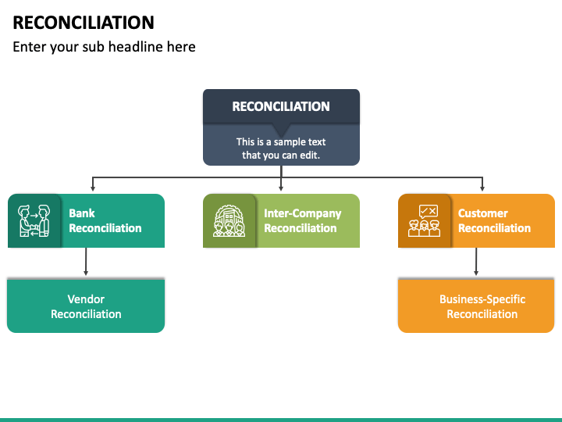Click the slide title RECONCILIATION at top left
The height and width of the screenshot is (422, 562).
84,22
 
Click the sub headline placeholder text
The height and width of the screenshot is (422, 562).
104,47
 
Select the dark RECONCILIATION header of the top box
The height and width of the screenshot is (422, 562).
281,106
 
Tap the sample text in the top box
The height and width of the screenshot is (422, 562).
281,148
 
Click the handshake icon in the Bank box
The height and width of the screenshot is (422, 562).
34,221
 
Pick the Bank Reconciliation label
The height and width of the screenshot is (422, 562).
105,220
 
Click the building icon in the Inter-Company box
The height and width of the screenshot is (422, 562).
229,221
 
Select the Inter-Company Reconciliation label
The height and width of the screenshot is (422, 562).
302,220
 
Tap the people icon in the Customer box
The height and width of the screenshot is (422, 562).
425,221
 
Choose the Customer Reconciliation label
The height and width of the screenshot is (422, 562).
494,220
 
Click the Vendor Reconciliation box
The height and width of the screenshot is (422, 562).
86,306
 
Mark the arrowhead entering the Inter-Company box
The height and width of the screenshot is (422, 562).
281,189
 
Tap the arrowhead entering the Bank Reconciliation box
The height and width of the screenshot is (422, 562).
93,189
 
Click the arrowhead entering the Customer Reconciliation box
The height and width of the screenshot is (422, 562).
482,189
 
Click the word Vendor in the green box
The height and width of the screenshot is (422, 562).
86,299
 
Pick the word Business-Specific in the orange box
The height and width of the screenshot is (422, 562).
482,299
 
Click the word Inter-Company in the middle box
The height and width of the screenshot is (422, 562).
302,213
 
